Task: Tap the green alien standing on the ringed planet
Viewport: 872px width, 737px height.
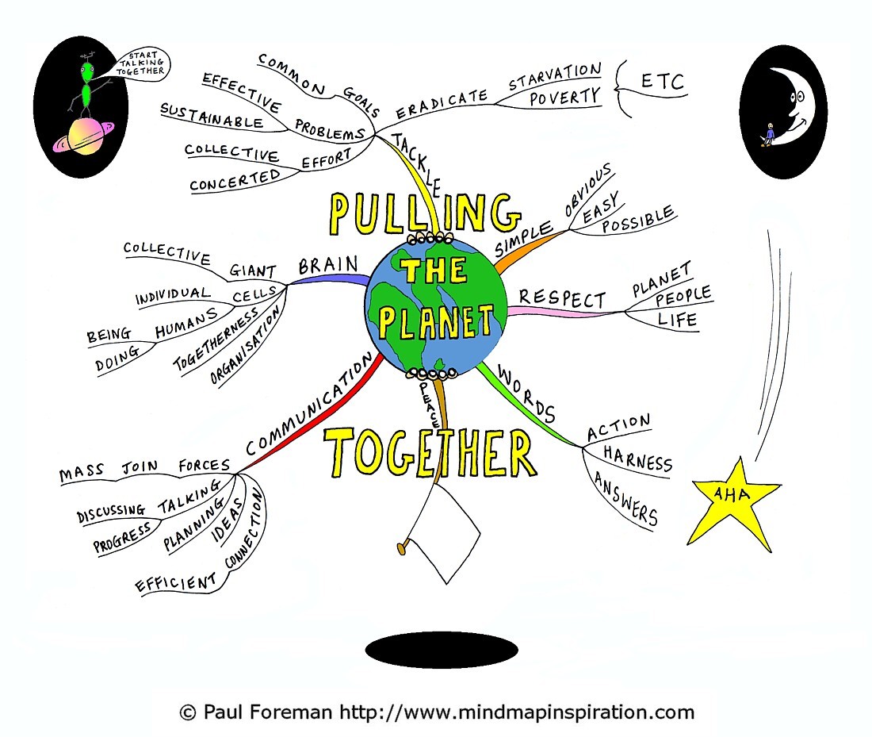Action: (87, 86)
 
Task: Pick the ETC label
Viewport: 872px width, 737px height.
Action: (662, 82)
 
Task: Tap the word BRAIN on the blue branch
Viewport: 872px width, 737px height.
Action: (328, 265)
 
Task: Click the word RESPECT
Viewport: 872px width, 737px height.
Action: (562, 298)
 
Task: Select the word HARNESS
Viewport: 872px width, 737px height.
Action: (637, 459)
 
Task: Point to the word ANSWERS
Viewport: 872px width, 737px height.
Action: (625, 498)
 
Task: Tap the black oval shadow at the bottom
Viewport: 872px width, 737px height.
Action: (442, 650)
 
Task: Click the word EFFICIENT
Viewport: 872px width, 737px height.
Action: (176, 583)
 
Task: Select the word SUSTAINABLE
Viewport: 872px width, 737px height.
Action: (212, 115)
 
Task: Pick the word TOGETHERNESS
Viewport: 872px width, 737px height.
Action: (216, 339)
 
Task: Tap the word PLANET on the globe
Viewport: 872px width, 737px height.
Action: (436, 322)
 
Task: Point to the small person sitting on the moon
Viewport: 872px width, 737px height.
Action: (769, 135)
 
